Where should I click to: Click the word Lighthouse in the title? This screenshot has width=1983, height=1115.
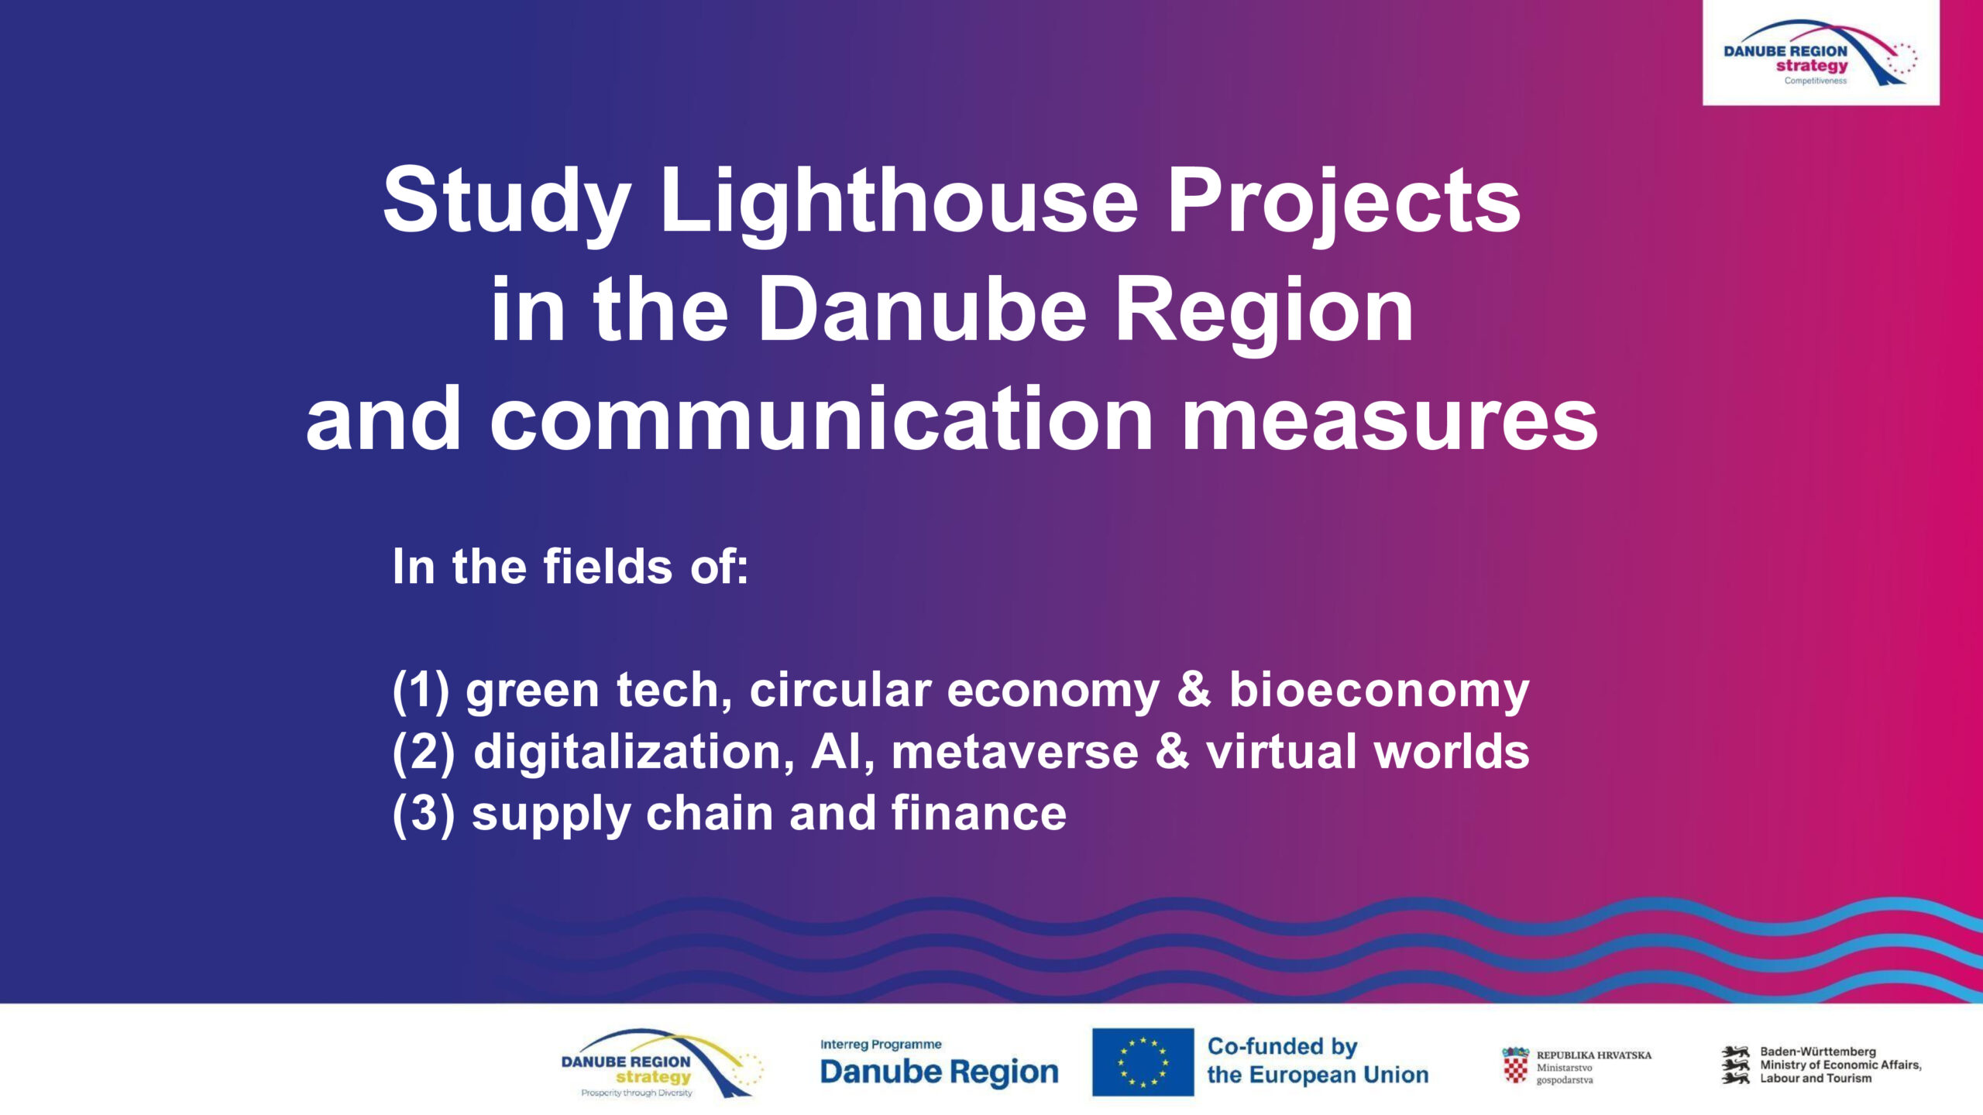899,204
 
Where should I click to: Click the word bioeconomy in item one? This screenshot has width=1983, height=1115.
1379,691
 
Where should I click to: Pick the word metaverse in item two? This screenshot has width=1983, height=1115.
1014,753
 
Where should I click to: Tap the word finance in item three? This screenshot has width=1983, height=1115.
978,813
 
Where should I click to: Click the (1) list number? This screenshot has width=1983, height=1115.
421,691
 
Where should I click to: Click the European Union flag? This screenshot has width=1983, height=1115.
1143,1062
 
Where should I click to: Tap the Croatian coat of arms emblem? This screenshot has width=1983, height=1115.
1515,1067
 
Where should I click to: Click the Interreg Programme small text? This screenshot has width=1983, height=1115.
881,1045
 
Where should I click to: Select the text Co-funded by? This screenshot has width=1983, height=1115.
1282,1047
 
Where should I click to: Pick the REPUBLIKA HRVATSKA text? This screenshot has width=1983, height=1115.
1593,1055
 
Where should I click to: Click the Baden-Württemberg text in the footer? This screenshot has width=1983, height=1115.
1818,1052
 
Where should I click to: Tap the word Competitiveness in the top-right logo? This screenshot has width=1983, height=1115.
1815,81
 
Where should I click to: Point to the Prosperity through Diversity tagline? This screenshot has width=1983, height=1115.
636,1093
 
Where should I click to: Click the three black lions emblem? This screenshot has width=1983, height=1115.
1735,1065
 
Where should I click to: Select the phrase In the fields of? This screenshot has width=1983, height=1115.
570,566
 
